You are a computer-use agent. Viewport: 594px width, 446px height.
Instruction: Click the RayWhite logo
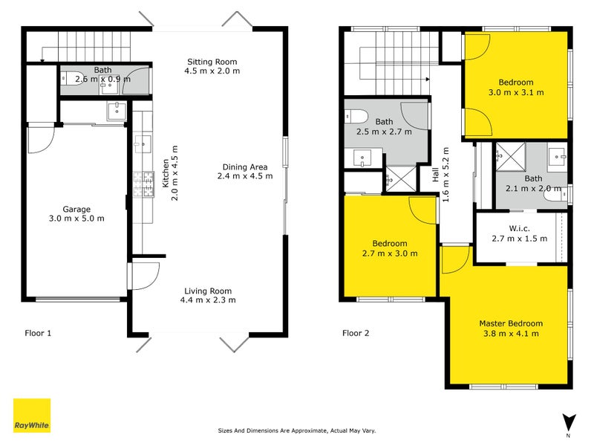pyautogui.click(x=32, y=416)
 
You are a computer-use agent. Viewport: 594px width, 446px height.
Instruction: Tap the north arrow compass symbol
pyautogui.click(x=568, y=421)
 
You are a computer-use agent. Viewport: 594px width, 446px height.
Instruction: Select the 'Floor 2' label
pyautogui.click(x=356, y=333)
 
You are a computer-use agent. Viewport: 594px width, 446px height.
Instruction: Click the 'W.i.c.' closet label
pyautogui.click(x=519, y=227)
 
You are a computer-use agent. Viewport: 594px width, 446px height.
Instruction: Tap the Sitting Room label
pyautogui.click(x=212, y=61)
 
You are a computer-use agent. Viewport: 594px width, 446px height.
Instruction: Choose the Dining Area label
pyautogui.click(x=245, y=167)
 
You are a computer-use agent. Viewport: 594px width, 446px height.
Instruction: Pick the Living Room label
pyautogui.click(x=209, y=291)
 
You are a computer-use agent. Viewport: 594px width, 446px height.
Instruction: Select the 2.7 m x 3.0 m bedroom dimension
pyautogui.click(x=389, y=253)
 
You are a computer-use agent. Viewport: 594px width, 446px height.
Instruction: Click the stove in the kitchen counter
pyautogui.click(x=140, y=179)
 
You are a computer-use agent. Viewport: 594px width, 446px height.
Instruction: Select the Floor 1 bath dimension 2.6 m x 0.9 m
pyautogui.click(x=103, y=79)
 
